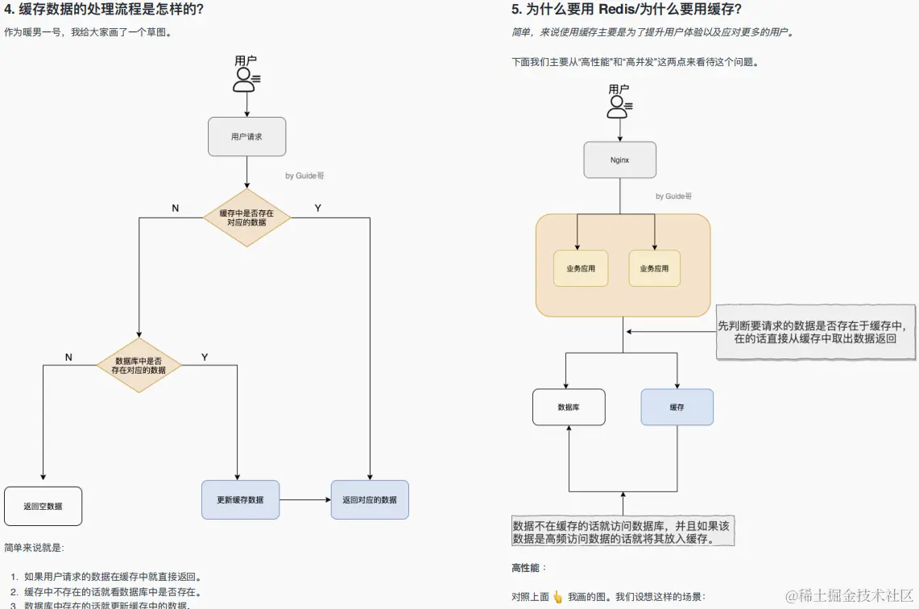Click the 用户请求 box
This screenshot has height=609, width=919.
click(246, 137)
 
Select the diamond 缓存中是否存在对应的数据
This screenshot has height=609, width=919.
click(246, 217)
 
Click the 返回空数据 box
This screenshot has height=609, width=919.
click(43, 506)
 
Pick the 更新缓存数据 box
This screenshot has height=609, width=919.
click(240, 499)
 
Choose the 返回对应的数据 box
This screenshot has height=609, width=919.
click(370, 499)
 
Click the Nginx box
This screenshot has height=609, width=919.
click(619, 159)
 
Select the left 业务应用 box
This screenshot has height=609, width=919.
click(580, 268)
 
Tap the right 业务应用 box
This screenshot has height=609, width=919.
click(654, 268)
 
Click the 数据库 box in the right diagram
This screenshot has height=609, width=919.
click(569, 407)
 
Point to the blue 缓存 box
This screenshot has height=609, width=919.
click(677, 407)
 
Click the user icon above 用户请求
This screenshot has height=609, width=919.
click(245, 79)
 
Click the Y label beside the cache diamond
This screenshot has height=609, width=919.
click(317, 208)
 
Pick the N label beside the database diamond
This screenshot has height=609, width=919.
click(68, 357)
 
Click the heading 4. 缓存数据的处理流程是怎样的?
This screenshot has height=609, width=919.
click(104, 10)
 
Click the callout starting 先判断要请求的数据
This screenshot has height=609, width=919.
click(815, 332)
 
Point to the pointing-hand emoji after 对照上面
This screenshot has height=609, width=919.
click(557, 597)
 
